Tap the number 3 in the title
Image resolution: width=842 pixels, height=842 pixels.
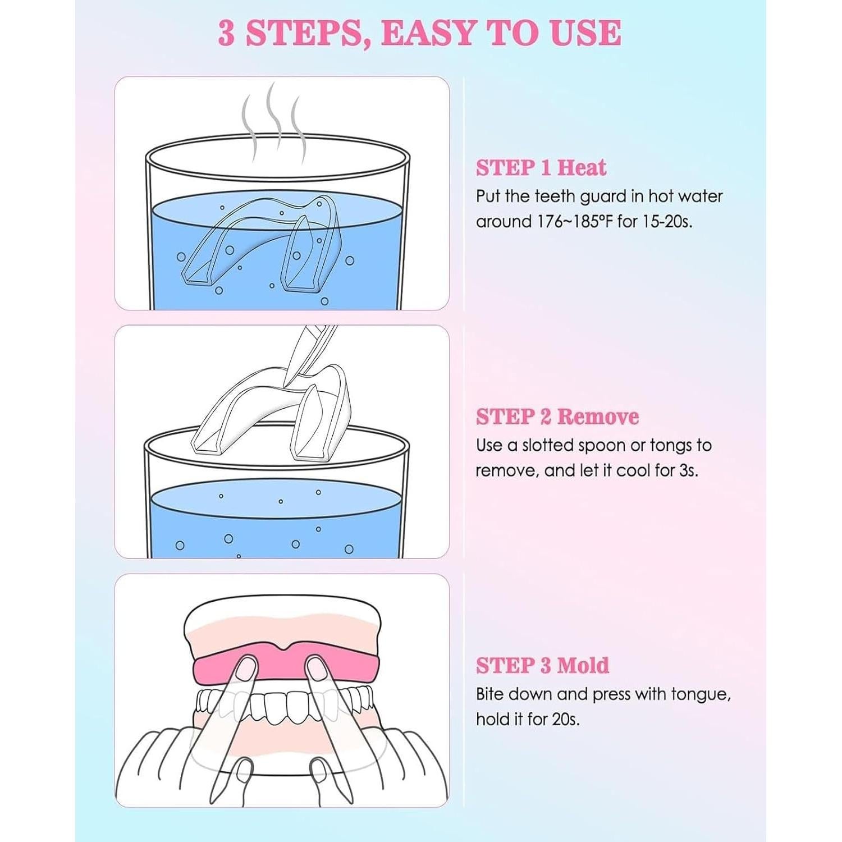226,33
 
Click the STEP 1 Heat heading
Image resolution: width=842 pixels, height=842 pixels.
541,168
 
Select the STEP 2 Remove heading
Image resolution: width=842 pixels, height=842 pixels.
557,417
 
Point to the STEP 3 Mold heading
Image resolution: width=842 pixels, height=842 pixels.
542,665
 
